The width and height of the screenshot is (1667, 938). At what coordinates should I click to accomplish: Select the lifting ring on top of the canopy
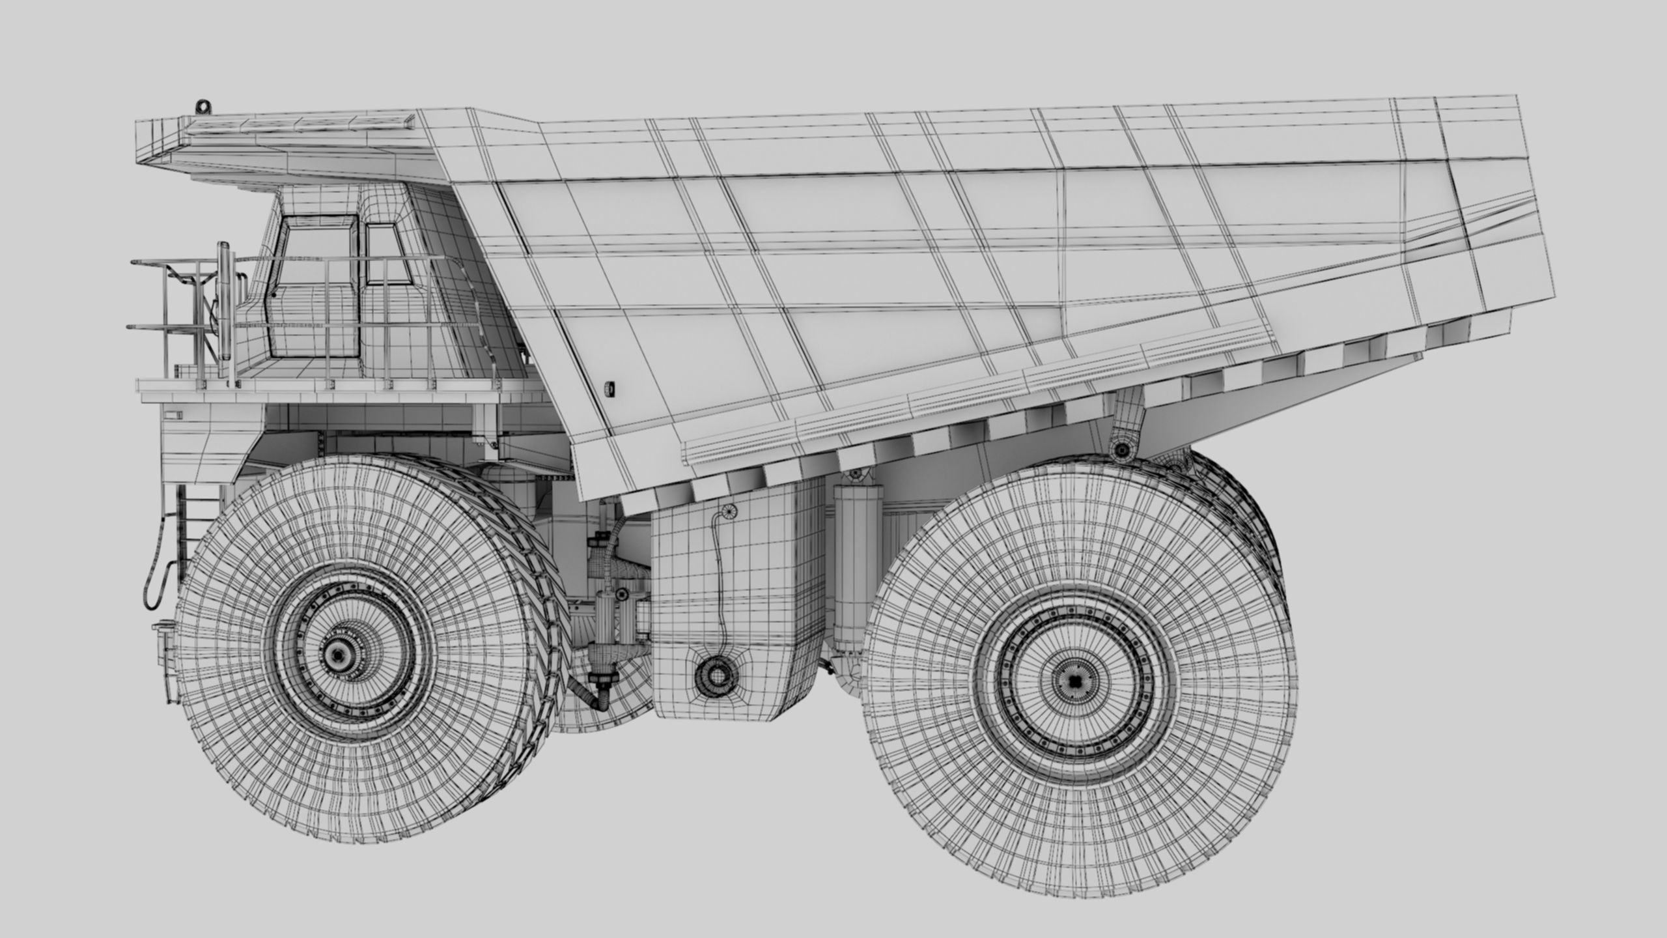click(x=203, y=105)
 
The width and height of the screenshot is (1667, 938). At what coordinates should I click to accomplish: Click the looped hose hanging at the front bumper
click(x=156, y=560)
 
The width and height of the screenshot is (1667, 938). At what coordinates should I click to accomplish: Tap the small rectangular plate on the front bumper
click(x=174, y=414)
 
